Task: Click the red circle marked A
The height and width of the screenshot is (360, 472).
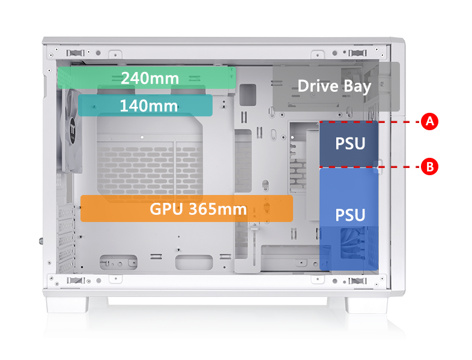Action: [x=429, y=121]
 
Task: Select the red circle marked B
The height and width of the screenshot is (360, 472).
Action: [x=429, y=167]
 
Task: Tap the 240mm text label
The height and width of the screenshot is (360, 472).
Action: [x=150, y=78]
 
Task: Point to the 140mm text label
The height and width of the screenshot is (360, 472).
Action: [x=148, y=106]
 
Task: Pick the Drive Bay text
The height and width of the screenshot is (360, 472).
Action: [x=334, y=86]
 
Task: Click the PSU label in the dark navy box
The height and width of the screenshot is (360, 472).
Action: [x=349, y=144]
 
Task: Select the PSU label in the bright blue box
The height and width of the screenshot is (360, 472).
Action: [x=350, y=214]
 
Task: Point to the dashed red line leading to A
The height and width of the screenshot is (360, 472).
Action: [x=399, y=121]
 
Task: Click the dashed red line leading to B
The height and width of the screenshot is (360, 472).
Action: [x=399, y=167]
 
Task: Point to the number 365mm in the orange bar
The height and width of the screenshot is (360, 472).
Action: [x=217, y=209]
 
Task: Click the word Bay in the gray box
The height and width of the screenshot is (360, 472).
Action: [x=357, y=86]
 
